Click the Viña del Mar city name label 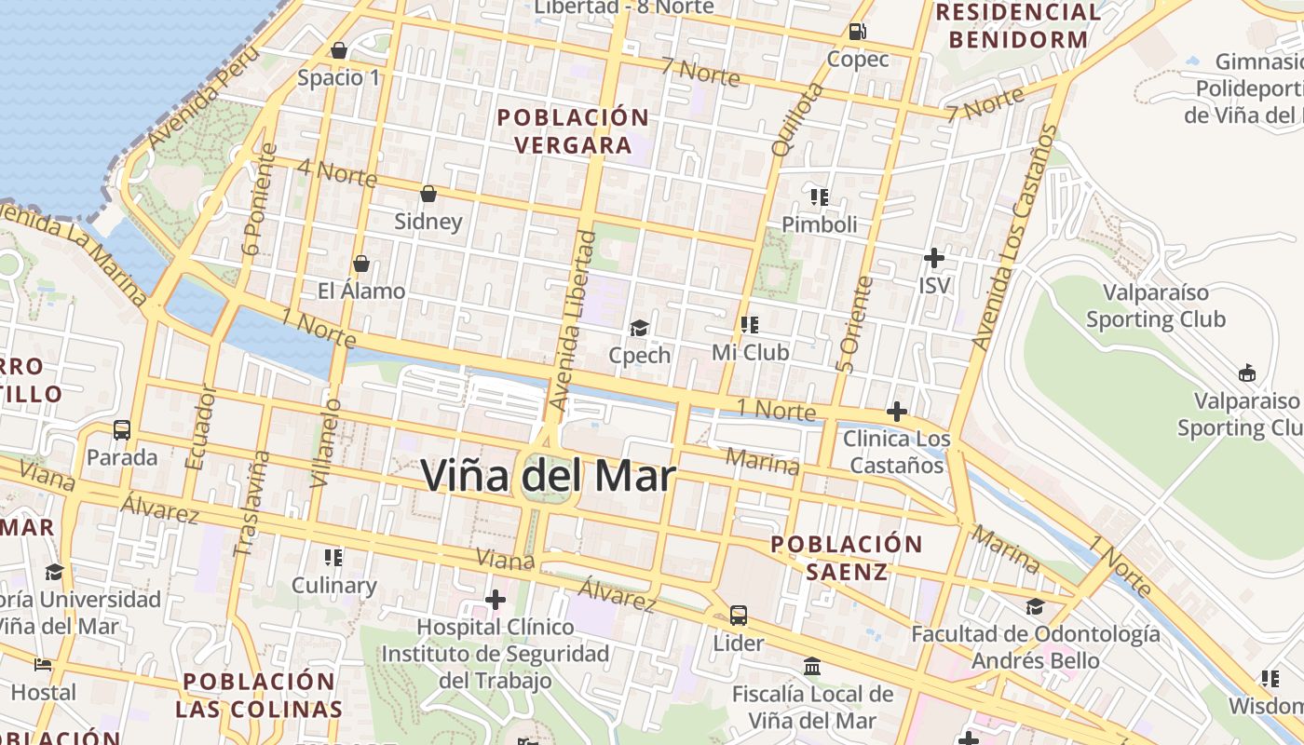548,476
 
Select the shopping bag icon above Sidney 428,194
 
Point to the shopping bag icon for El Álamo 361,264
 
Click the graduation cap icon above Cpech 639,327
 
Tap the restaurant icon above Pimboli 820,196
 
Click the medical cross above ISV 934,257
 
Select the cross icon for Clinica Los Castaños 897,411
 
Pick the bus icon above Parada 122,430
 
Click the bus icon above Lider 739,615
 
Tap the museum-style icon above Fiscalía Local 812,666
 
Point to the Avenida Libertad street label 572,321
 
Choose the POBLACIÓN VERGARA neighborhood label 573,131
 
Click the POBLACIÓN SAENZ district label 847,558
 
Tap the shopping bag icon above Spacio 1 339,50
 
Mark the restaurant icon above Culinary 333,557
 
